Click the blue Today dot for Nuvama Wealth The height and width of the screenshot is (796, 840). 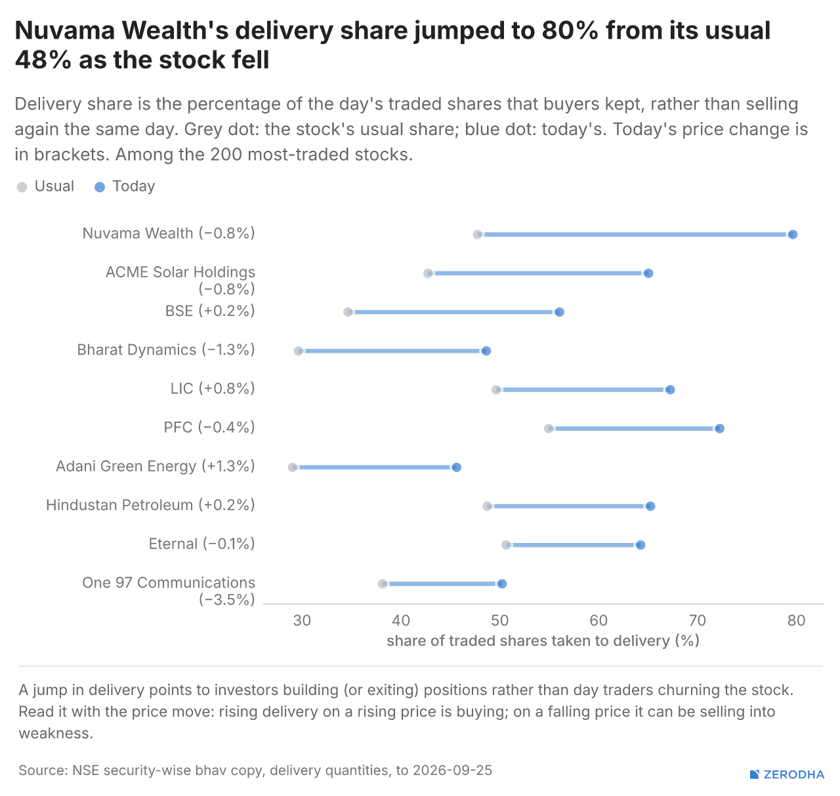[792, 235]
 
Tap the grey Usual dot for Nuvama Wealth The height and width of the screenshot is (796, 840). [477, 235]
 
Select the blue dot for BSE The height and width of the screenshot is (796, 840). [559, 312]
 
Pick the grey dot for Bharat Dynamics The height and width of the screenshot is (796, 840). [298, 351]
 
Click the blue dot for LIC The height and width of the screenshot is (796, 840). [670, 389]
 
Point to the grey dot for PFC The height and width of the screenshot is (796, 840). [548, 428]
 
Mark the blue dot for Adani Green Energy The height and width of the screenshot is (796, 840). [456, 468]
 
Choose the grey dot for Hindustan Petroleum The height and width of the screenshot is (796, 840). [487, 506]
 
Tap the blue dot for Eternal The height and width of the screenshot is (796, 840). [640, 545]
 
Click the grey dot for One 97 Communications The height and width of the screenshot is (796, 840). [383, 584]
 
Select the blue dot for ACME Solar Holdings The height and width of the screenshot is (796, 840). [648, 273]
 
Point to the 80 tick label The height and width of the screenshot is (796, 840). [796, 620]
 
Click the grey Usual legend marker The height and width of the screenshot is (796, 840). [22, 187]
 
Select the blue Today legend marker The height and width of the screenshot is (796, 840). [100, 187]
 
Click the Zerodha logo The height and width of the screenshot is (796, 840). [787, 774]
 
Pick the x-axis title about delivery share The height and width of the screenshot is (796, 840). [543, 641]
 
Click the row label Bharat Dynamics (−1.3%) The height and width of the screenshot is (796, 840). [166, 349]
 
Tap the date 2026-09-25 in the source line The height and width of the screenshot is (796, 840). [452, 770]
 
